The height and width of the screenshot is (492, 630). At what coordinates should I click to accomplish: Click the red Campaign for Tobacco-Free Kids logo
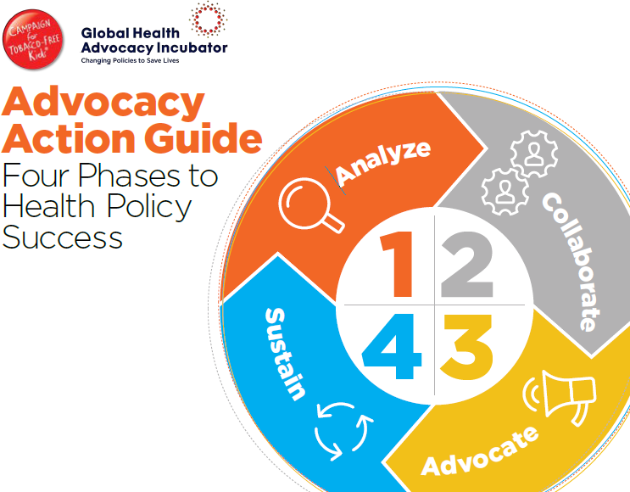[32, 39]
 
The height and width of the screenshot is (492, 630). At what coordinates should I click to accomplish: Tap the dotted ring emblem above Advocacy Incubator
[208, 19]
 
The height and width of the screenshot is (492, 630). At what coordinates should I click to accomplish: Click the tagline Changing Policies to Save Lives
[130, 61]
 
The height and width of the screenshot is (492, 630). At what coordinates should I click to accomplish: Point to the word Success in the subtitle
[62, 238]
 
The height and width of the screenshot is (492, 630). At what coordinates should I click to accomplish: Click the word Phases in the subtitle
[129, 176]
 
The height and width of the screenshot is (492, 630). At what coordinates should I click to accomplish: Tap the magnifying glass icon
[311, 205]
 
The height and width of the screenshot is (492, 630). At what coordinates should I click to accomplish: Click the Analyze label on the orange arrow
[382, 163]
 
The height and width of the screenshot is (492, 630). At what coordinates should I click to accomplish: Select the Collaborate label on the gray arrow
[572, 261]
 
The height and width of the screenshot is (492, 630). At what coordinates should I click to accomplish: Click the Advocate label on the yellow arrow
[480, 451]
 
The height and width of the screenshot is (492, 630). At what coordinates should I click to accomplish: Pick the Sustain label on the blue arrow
[285, 354]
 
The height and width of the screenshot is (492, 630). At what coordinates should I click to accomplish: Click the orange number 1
[396, 264]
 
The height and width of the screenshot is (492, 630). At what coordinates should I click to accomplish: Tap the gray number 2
[467, 264]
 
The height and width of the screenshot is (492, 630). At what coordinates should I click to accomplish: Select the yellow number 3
[466, 347]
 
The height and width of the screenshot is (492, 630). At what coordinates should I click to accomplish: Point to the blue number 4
[392, 346]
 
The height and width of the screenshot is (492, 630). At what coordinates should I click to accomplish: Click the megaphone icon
[560, 398]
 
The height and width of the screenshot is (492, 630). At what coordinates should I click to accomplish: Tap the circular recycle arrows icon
[343, 431]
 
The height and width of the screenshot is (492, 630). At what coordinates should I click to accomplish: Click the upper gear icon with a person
[534, 154]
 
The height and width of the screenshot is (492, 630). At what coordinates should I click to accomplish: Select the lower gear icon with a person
[505, 192]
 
